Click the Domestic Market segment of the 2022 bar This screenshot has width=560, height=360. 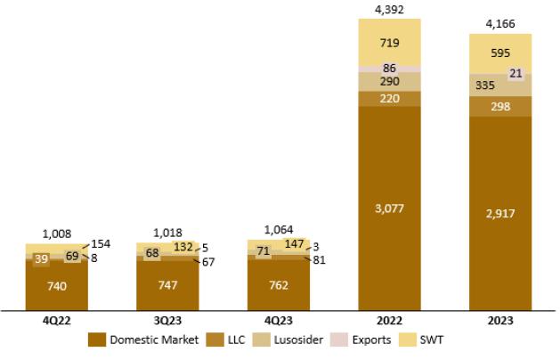[389, 208]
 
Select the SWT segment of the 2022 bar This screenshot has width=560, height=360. [389, 42]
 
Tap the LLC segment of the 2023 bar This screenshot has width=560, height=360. [500, 106]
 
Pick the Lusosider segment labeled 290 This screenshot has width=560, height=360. [389, 81]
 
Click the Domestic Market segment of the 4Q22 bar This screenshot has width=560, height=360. [57, 285]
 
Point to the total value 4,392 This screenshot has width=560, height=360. [389, 10]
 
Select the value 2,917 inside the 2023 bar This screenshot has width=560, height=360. [500, 214]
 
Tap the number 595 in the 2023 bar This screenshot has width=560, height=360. [500, 53]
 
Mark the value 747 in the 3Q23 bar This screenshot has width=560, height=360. [167, 284]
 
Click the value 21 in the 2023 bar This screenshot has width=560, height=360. [515, 74]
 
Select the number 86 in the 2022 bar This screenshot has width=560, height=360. [389, 68]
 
